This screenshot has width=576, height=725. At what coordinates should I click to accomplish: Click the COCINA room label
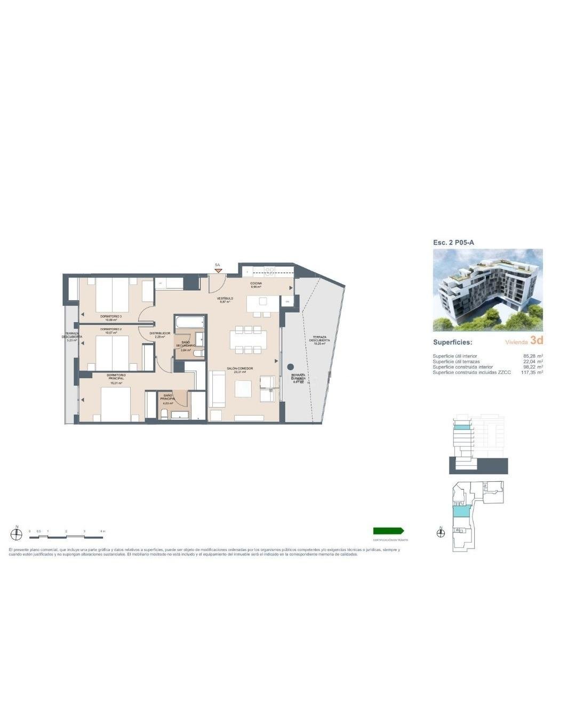pos(256,284)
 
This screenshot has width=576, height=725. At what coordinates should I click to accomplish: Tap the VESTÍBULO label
pos(225,299)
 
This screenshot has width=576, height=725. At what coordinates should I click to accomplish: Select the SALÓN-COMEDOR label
pos(239,369)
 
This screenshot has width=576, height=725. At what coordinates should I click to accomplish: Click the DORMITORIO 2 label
pos(111,329)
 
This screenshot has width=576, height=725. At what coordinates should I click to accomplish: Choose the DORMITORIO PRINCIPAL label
pos(116,377)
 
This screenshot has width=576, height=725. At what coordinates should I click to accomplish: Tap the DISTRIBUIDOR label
pos(159,333)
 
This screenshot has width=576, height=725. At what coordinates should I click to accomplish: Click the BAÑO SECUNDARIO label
pos(186,344)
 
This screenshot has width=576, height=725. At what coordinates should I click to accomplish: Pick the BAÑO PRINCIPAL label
pos(168,397)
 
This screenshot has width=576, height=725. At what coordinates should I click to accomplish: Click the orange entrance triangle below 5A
pos(218,270)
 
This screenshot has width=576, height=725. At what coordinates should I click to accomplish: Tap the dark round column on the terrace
pos(290,367)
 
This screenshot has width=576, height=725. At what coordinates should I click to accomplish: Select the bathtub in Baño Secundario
pos(190,322)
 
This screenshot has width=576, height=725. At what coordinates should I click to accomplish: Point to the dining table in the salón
pos(249,340)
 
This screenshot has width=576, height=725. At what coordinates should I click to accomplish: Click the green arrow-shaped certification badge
pos(388,531)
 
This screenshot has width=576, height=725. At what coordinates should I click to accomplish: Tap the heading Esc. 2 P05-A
pos(453,242)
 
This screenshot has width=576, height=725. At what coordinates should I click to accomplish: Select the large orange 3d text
pos(537,340)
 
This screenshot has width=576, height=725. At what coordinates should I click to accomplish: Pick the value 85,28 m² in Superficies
pos(533,356)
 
